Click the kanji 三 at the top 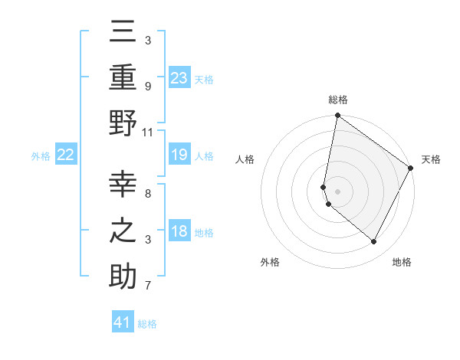point(123,32)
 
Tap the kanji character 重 point(123,77)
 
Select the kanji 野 point(123,122)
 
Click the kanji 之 point(123,230)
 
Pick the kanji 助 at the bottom point(123,275)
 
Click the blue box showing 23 point(179,78)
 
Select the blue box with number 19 point(179,155)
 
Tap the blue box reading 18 point(179,232)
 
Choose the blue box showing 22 point(65,155)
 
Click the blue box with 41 point(123,322)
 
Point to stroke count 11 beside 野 point(148,132)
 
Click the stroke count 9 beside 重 point(148,87)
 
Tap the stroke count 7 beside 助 point(148,286)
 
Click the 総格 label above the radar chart point(337,100)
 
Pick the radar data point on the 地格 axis point(374,242)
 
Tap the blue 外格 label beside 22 point(41,156)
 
